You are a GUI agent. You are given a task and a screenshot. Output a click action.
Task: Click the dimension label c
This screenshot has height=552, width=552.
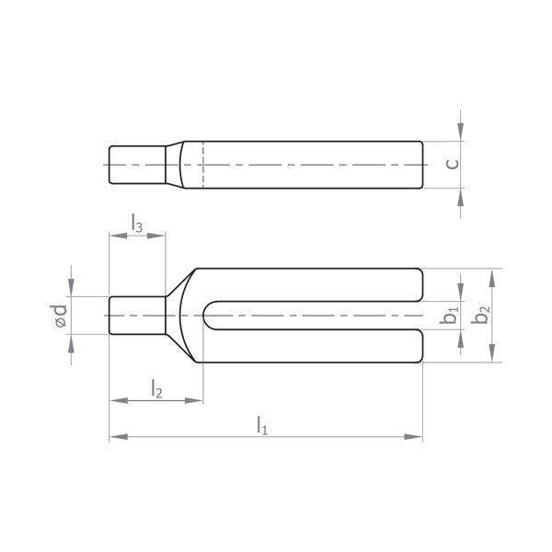tap(453, 164)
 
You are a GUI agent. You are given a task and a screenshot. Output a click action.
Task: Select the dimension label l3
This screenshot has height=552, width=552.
tap(137, 223)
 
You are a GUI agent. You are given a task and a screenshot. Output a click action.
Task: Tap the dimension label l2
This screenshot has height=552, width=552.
tap(156, 388)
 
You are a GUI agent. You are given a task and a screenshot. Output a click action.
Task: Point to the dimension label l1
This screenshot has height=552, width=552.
tap(262, 425)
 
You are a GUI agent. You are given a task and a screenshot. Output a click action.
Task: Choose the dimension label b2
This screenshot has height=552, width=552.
tap(481, 314)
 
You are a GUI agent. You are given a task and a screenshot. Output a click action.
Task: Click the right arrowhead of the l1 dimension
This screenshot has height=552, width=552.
tap(413, 437)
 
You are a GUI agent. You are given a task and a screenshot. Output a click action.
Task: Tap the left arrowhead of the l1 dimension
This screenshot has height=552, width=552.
tap(119, 437)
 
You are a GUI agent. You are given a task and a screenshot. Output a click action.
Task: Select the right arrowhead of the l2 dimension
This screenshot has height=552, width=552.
tap(194, 400)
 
